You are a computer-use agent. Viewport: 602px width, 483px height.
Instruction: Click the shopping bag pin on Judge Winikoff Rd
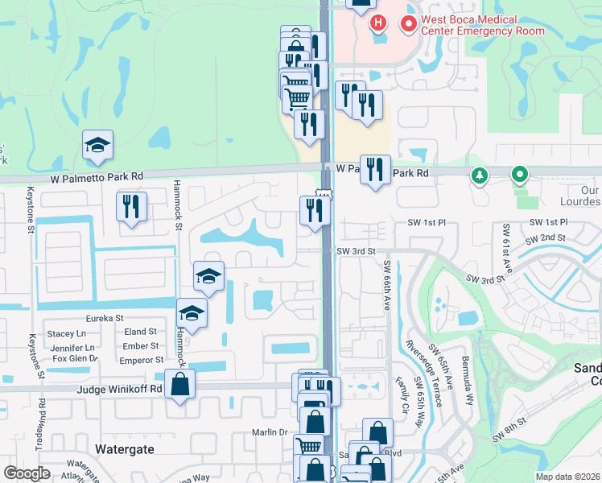click(180, 384)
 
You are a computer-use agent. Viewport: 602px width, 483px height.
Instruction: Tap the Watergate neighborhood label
click(124, 448)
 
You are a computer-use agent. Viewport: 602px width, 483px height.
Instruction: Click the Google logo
click(27, 473)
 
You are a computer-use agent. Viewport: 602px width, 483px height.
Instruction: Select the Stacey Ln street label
click(66, 333)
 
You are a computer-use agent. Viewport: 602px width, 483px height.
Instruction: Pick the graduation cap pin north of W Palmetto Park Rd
click(97, 146)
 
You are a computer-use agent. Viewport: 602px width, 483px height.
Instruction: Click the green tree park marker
click(480, 174)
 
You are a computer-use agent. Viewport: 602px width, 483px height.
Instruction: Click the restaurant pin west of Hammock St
click(130, 206)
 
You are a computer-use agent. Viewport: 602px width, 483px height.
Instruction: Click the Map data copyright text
click(567, 477)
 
